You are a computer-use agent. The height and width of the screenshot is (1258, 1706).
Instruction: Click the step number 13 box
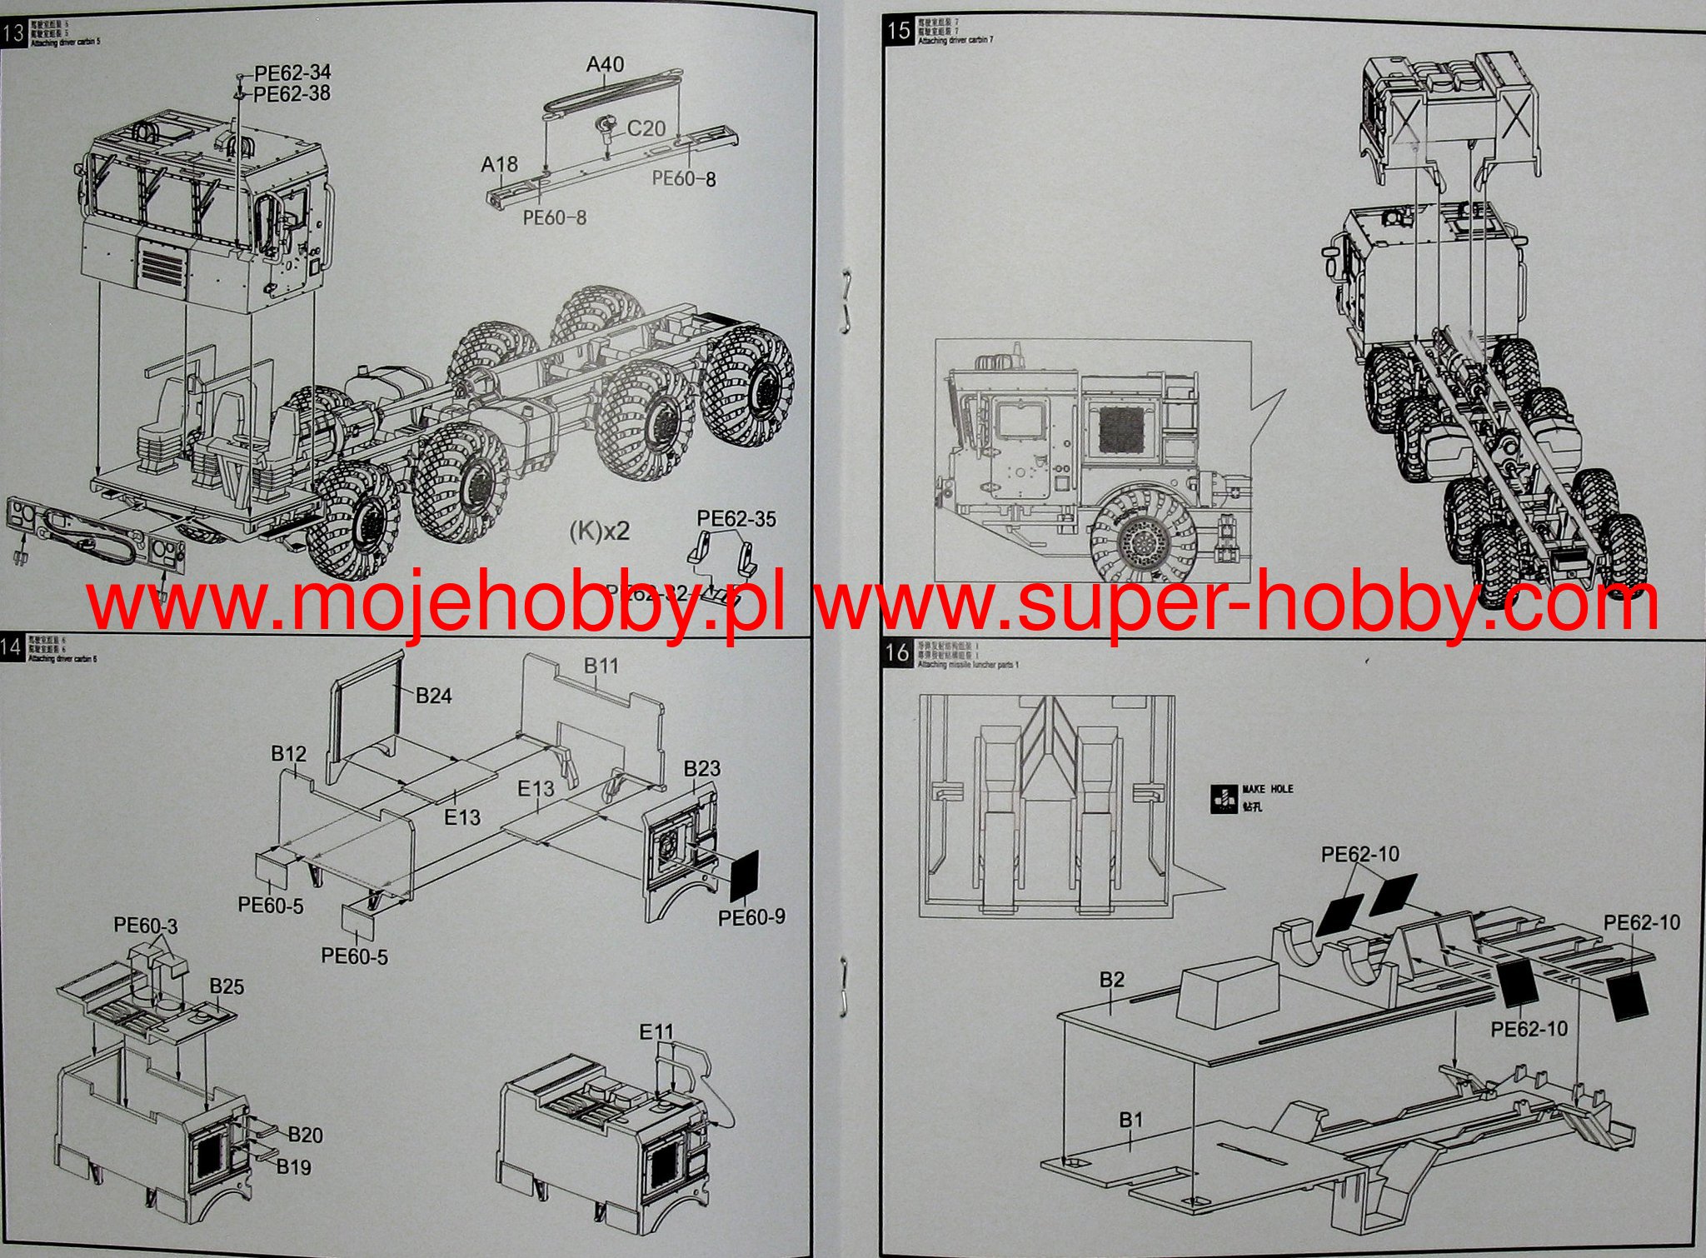(x=13, y=35)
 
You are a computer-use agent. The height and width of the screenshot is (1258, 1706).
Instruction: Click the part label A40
(x=605, y=64)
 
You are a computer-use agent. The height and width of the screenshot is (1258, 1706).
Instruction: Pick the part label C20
(x=646, y=128)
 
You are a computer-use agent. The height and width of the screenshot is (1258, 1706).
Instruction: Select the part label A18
(x=500, y=165)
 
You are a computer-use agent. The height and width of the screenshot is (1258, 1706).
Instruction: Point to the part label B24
(x=433, y=696)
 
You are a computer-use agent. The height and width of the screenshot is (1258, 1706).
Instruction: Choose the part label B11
(x=601, y=666)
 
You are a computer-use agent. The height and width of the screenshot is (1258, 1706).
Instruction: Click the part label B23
(x=701, y=768)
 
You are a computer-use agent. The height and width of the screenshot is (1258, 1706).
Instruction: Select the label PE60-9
(x=751, y=917)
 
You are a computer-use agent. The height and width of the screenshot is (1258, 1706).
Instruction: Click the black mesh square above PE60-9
(x=746, y=875)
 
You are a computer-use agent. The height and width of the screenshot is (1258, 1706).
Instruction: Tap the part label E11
(x=656, y=1032)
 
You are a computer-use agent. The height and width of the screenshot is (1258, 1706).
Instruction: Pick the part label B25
(x=227, y=987)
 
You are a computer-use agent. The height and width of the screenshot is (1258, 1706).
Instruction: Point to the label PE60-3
(x=146, y=925)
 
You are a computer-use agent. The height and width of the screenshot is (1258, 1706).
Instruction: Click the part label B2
(x=1112, y=980)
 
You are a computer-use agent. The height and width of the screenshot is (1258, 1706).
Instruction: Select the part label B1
(x=1130, y=1121)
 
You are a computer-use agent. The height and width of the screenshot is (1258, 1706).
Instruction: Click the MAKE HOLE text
(x=1267, y=788)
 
